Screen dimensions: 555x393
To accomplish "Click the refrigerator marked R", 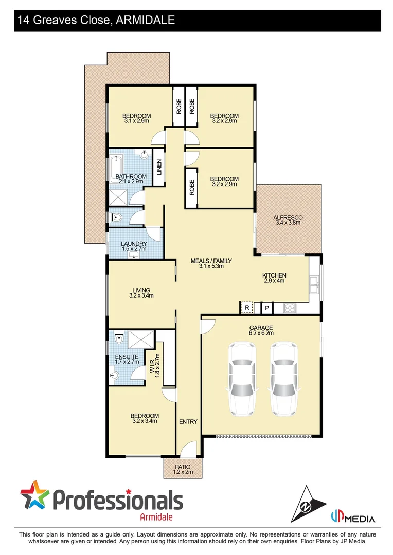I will [247, 308].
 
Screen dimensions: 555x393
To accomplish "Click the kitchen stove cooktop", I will [289, 308].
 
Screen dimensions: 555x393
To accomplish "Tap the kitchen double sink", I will [314, 282].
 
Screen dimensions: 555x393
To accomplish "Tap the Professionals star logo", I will [35, 496].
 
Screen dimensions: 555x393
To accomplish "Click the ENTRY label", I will [188, 422].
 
